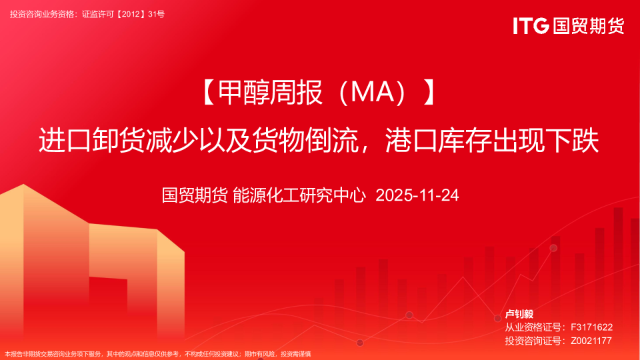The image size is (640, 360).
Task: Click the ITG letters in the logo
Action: click(x=531, y=26)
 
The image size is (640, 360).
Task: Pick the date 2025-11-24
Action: click(x=418, y=195)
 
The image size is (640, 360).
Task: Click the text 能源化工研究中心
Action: click(x=300, y=195)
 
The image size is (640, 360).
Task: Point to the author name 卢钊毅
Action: click(x=519, y=314)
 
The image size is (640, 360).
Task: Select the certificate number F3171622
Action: click(x=591, y=327)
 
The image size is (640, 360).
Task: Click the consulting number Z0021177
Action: click(x=591, y=341)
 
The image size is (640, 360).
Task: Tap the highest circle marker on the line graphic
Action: click(x=553, y=248)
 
